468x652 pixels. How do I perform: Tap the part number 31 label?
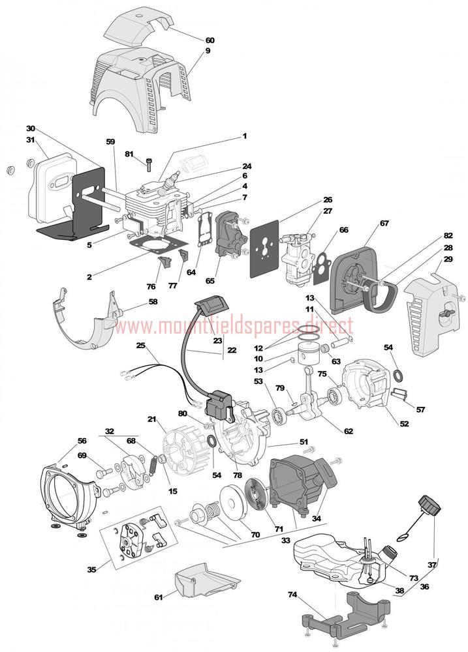coord(30,140)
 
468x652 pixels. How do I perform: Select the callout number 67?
coord(384,224)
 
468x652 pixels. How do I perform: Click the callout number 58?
coord(153,302)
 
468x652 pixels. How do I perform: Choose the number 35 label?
coord(92,569)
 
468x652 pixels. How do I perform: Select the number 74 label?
coord(292,594)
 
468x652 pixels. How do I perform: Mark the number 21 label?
coord(152,419)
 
